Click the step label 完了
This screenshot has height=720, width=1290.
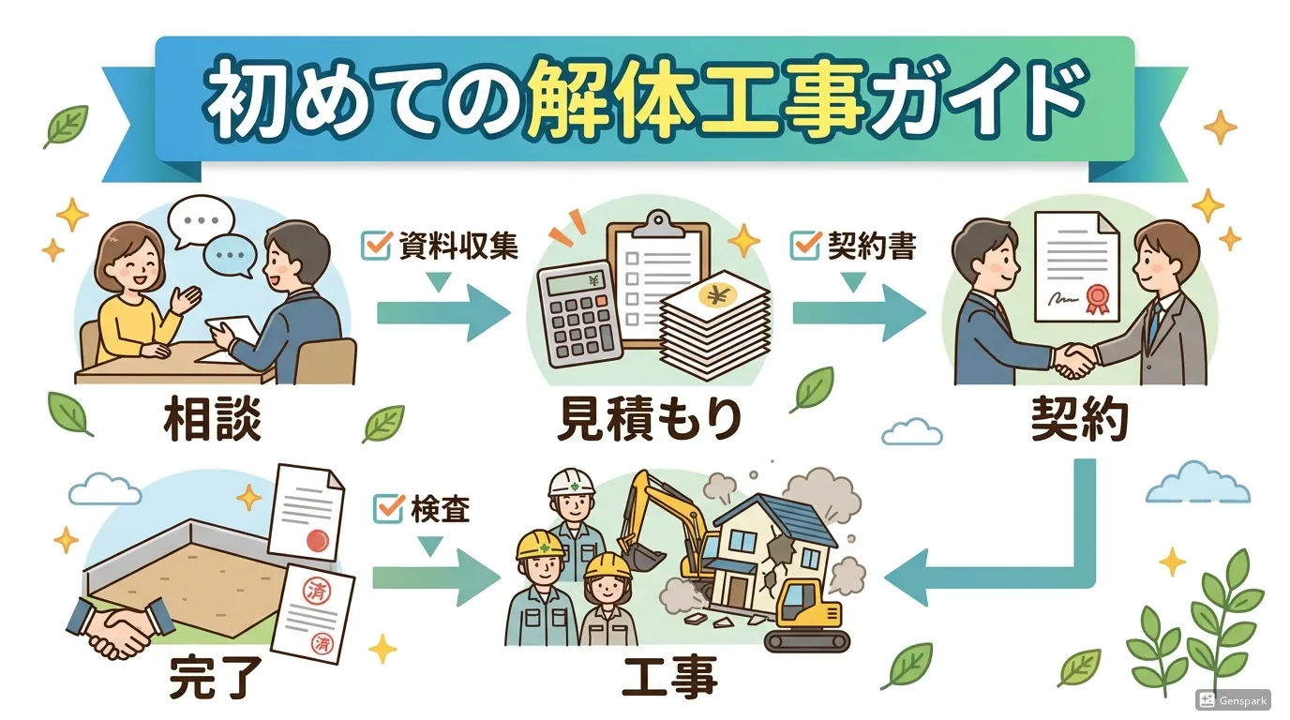click(x=211, y=677)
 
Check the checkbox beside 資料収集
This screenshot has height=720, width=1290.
click(x=375, y=245)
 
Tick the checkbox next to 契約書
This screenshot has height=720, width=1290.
click(x=805, y=245)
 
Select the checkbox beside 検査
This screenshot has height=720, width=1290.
click(x=387, y=509)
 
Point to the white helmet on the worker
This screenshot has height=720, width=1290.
click(x=567, y=482)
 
